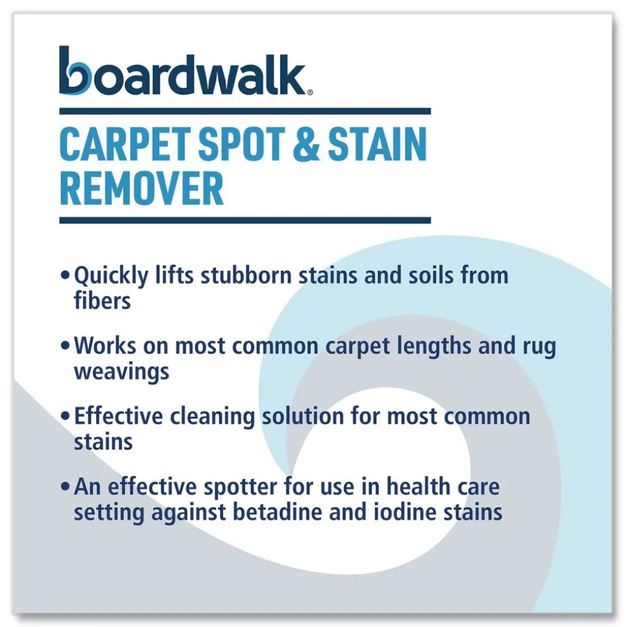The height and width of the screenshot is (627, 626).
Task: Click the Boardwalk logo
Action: [x=185, y=71]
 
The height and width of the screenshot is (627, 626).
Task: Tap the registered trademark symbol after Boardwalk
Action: [x=310, y=93]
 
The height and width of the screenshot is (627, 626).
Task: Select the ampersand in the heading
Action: [x=307, y=144]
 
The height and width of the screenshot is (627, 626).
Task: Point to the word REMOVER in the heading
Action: [x=141, y=189]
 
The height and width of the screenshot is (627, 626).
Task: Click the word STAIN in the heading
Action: [x=378, y=144]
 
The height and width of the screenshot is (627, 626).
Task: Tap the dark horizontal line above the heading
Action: [x=245, y=111]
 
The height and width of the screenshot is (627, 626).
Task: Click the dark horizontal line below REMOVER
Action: [x=245, y=220]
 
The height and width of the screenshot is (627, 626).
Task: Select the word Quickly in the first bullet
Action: [x=111, y=276]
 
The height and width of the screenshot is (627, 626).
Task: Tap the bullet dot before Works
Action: [x=65, y=346]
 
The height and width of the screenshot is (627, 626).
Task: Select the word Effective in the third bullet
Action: [x=119, y=416]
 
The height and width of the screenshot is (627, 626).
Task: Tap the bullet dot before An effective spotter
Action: [x=65, y=487]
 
